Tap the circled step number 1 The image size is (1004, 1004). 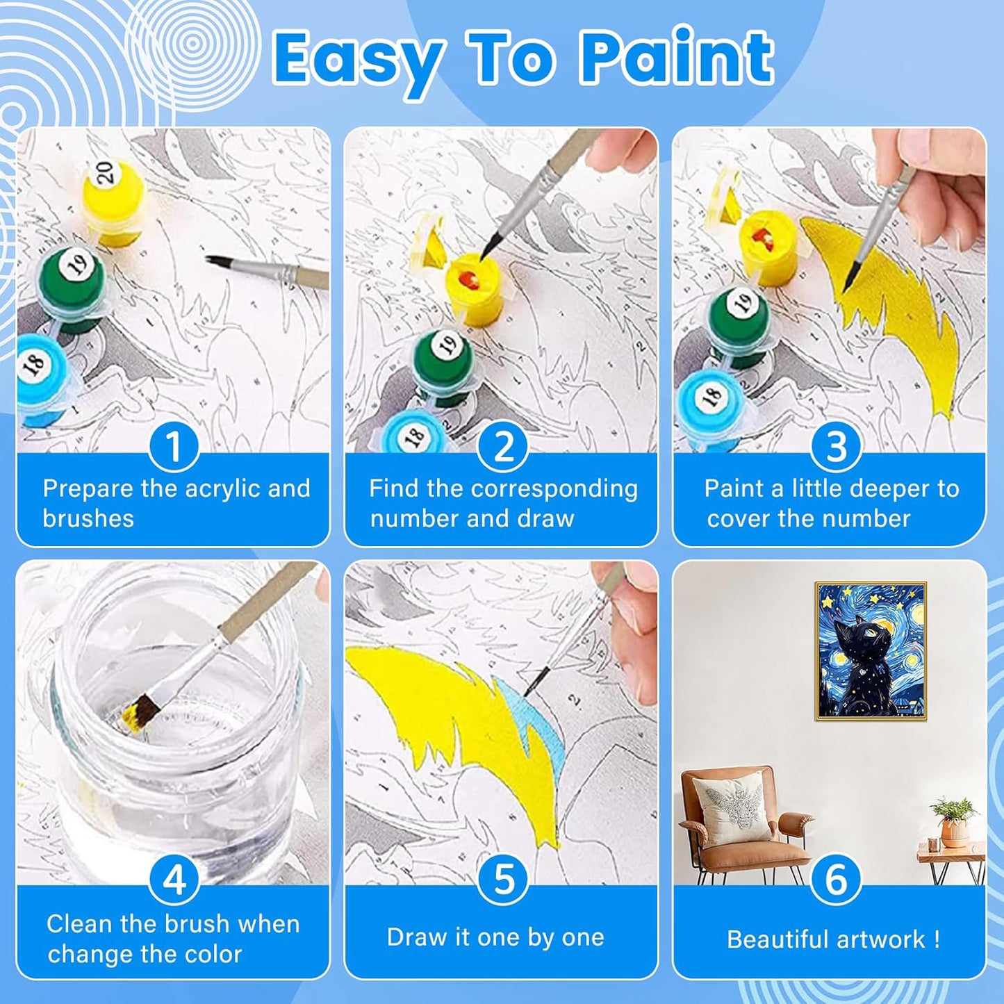tap(174, 447)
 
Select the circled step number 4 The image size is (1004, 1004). tap(174, 880)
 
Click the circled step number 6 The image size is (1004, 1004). tap(836, 880)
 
